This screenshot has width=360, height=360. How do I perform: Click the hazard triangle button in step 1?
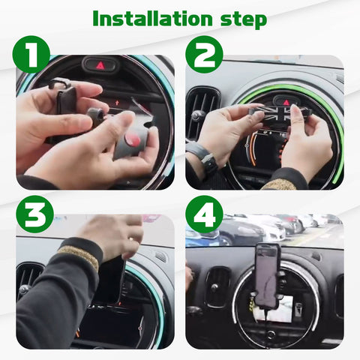(x=100, y=65)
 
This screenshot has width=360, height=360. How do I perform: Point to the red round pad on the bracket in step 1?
(x=132, y=139)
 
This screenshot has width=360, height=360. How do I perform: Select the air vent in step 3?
(x=29, y=281)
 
